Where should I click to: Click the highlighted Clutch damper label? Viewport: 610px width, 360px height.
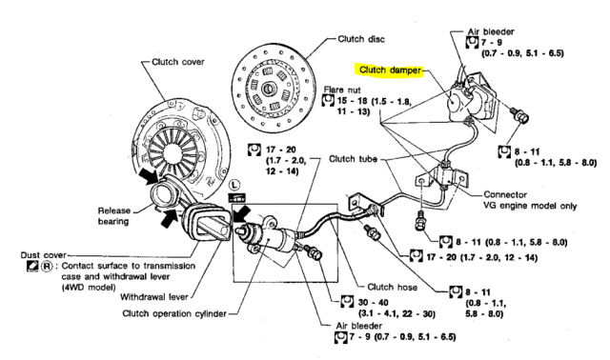click(390, 70)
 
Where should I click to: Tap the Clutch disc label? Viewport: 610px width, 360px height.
click(361, 39)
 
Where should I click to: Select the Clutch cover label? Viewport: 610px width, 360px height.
click(178, 62)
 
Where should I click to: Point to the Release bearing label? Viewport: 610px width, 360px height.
click(113, 216)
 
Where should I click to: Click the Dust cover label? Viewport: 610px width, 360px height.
click(43, 255)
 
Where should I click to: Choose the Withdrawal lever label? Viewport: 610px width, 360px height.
click(154, 297)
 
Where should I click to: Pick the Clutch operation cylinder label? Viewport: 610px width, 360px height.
click(174, 313)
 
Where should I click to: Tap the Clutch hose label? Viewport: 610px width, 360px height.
click(392, 288)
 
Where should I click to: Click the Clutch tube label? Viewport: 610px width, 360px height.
click(353, 159)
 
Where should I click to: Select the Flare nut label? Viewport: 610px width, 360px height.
click(342, 90)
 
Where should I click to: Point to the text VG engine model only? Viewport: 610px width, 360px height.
click(530, 206)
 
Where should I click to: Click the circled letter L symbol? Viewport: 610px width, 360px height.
click(234, 184)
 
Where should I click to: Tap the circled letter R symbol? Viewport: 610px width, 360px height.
click(47, 267)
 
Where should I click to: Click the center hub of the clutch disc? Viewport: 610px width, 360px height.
click(268, 89)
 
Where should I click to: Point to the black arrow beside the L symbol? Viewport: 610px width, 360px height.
click(241, 214)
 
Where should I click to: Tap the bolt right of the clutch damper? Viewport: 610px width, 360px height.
click(519, 113)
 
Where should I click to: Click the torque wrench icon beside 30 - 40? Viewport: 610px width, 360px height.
click(347, 301)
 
